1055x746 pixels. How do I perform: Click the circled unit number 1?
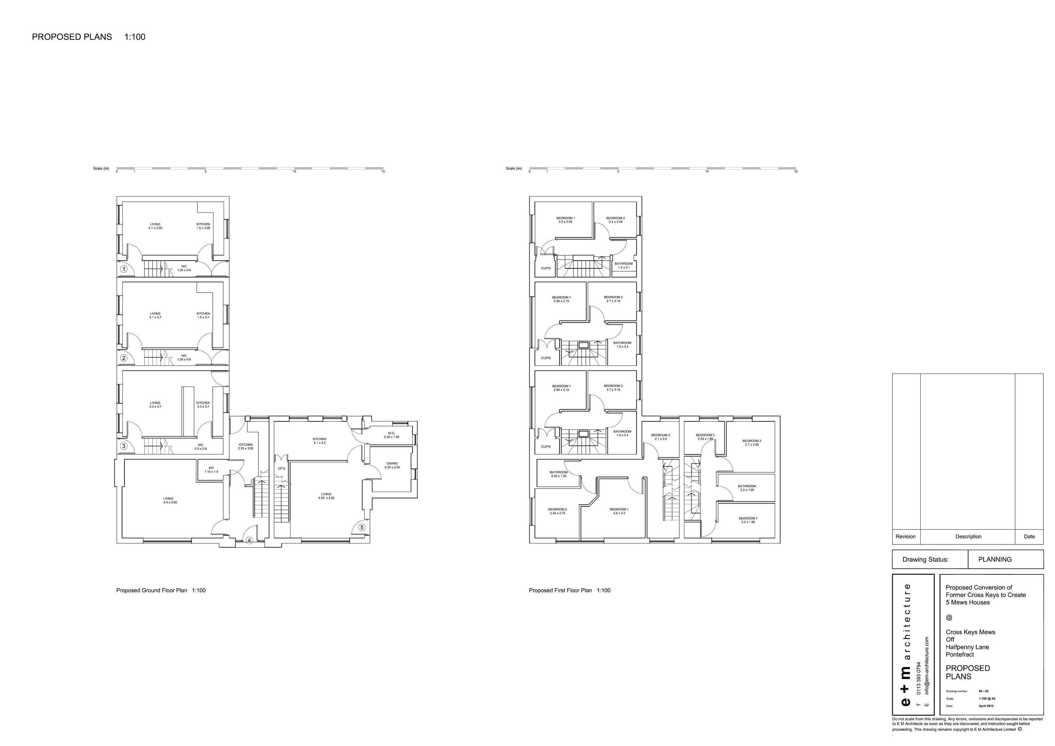click(x=123, y=269)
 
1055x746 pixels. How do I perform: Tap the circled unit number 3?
click(x=123, y=446)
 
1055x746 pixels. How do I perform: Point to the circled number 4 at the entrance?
click(x=249, y=541)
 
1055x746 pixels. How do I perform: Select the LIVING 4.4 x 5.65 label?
click(x=170, y=500)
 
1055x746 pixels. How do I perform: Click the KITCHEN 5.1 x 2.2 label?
click(x=319, y=441)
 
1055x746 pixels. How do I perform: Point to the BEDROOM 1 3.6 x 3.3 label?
click(x=619, y=511)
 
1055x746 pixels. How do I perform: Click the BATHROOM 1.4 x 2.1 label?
click(x=624, y=265)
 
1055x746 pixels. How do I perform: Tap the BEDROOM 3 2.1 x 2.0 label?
click(x=660, y=436)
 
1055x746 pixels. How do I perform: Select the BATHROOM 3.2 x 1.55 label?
click(x=747, y=488)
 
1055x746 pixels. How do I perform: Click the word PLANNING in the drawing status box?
click(x=995, y=559)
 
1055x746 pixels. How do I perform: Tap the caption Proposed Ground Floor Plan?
click(x=152, y=590)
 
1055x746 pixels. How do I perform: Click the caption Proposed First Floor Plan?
click(x=560, y=590)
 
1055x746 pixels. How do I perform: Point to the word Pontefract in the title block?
click(x=959, y=655)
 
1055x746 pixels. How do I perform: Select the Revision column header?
click(x=905, y=536)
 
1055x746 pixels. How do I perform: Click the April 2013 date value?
click(x=986, y=719)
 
